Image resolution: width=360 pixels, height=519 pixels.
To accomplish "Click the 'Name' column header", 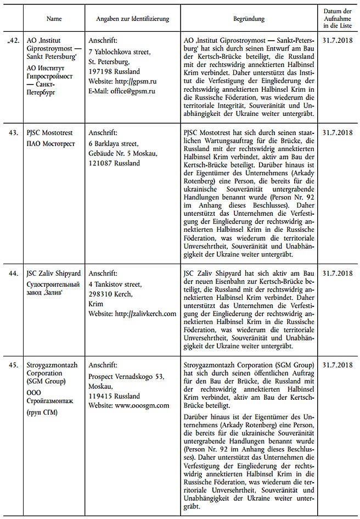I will pyautogui.click(x=54, y=19).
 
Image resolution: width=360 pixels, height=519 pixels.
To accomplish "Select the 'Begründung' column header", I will pyautogui.click(x=249, y=19).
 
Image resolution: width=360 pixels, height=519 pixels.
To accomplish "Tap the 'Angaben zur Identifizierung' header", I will pyautogui.click(x=132, y=19).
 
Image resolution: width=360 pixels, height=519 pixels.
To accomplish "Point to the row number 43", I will pyautogui.click(x=12, y=133).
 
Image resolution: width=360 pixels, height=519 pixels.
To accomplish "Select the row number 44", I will pyautogui.click(x=12, y=273).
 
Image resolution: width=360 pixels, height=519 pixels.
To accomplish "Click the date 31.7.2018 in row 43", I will pyautogui.click(x=337, y=133).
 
